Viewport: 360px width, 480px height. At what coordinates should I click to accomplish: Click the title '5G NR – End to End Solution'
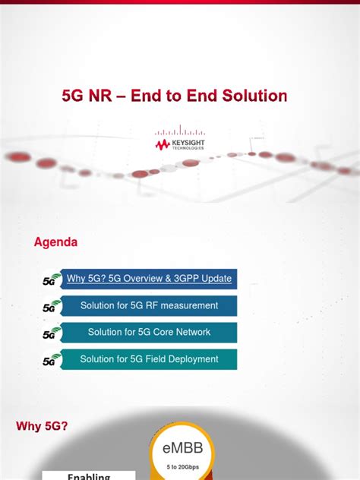tap(174, 96)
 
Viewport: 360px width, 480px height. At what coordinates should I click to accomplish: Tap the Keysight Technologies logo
tap(179, 141)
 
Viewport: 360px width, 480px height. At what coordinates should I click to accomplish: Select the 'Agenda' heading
tap(55, 242)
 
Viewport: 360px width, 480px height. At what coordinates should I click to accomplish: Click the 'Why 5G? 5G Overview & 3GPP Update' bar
tap(149, 279)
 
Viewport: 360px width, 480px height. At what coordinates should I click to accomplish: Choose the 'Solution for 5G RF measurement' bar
tap(149, 305)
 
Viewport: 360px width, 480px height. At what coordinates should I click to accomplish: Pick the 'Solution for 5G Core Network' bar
tap(149, 332)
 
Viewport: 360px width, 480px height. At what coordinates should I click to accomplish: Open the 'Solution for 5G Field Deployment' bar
tap(149, 359)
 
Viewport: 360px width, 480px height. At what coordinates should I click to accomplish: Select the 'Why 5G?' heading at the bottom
tap(42, 427)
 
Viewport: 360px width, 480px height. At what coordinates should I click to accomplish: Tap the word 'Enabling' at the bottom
tap(89, 476)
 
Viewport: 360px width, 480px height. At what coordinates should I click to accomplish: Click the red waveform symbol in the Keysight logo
tap(163, 143)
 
